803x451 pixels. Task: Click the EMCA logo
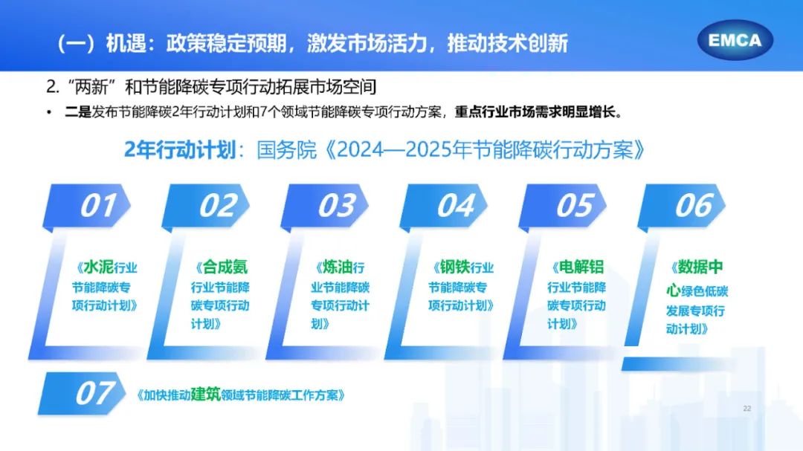click(735, 40)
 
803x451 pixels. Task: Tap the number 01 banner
click(86, 206)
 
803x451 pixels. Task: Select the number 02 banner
click(205, 206)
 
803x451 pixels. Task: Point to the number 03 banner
click(324, 206)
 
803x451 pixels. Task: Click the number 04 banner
click(443, 206)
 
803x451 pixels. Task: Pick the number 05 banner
click(562, 206)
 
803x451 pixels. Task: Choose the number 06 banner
click(681, 206)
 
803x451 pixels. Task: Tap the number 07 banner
click(82, 394)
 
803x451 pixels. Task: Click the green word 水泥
click(99, 267)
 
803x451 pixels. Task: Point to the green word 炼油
click(337, 267)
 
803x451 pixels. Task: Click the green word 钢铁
click(455, 267)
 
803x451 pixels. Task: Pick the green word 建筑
click(205, 395)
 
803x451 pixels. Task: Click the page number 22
click(747, 409)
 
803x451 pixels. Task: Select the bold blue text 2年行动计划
click(180, 150)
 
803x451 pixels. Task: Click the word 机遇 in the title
click(126, 44)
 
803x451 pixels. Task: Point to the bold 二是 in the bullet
click(78, 112)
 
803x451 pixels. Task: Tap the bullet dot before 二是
click(49, 113)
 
